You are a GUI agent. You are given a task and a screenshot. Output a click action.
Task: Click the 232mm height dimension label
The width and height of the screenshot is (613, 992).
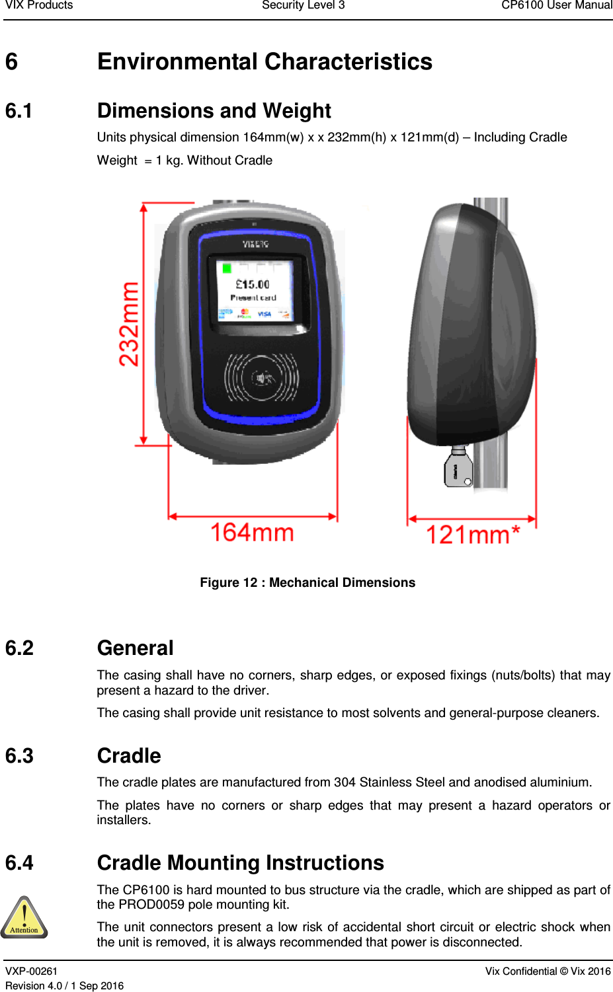tap(129, 324)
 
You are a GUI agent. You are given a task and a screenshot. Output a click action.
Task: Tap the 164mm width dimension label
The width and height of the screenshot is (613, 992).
tap(252, 532)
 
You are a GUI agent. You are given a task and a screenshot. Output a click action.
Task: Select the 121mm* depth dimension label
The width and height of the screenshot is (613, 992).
tap(472, 535)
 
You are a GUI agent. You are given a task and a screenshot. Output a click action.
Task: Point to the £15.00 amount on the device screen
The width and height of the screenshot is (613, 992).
tap(253, 284)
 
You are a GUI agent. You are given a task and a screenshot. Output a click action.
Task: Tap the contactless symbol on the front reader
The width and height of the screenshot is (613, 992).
tap(262, 378)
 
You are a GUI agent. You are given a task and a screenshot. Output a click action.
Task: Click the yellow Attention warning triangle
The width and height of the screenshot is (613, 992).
tap(24, 917)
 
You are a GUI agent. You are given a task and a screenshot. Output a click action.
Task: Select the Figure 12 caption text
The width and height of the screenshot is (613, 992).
tap(307, 582)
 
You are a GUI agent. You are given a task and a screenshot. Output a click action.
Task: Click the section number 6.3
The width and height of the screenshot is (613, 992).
tap(19, 755)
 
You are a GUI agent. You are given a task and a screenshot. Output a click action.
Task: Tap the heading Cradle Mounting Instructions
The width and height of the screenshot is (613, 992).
tap(240, 862)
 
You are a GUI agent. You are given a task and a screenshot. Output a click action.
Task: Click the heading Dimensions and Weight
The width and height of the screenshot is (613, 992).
tap(214, 110)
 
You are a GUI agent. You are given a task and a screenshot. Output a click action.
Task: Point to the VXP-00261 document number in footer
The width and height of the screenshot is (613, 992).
tap(31, 971)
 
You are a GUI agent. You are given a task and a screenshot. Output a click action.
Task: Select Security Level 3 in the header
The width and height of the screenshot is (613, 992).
tap(303, 5)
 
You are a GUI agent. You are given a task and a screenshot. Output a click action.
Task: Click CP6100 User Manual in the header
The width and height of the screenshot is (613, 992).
tap(556, 5)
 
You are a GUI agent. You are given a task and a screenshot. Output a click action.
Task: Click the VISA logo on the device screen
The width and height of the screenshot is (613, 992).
tap(265, 314)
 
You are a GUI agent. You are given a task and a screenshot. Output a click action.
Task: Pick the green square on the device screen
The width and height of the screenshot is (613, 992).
tap(227, 268)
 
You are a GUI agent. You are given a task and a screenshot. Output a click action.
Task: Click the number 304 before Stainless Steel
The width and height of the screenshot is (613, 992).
tap(345, 782)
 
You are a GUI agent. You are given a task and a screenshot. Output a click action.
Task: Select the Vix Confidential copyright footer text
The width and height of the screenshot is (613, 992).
tap(548, 971)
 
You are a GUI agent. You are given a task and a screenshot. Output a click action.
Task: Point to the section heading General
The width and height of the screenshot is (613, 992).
tap(135, 648)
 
